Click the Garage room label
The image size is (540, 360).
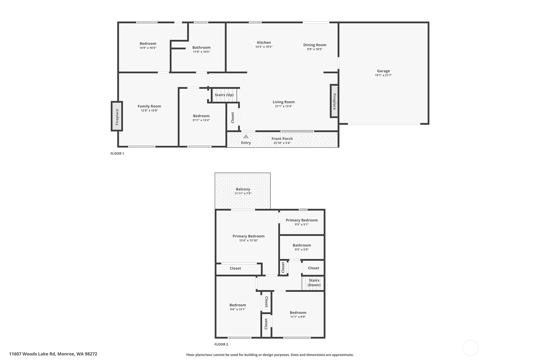[383, 71]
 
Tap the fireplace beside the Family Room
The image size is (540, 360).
[117, 116]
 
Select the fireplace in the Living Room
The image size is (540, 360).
[334, 101]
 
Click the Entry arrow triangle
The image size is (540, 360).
[246, 136]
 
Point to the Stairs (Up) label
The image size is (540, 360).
[224, 95]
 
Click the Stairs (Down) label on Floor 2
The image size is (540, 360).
[314, 283]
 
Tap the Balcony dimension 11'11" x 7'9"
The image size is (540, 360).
[243, 194]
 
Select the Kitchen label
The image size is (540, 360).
[264, 43]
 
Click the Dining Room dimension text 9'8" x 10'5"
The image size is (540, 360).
[315, 49]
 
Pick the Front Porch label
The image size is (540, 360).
[282, 139]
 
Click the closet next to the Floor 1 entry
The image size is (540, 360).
[233, 117]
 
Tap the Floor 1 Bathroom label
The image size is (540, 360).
[201, 47]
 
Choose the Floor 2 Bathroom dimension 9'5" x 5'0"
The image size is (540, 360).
[302, 250]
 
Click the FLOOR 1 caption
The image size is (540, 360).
[117, 153]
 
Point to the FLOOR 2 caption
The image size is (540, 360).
[221, 344]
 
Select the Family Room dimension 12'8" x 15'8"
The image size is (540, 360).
[149, 110]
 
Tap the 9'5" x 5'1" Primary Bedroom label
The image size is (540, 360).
[302, 220]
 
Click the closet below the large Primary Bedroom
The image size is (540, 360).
[235, 268]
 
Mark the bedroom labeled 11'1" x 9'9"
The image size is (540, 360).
[298, 313]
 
